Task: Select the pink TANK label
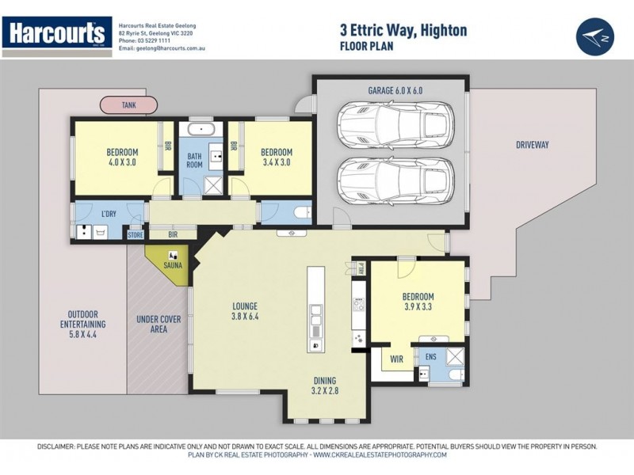[x=128, y=104]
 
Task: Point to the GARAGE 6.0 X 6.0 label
[x=395, y=91]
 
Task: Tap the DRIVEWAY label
[x=533, y=145]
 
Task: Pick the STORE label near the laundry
[x=136, y=234]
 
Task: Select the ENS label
[x=430, y=358]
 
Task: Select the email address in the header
[x=162, y=48]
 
